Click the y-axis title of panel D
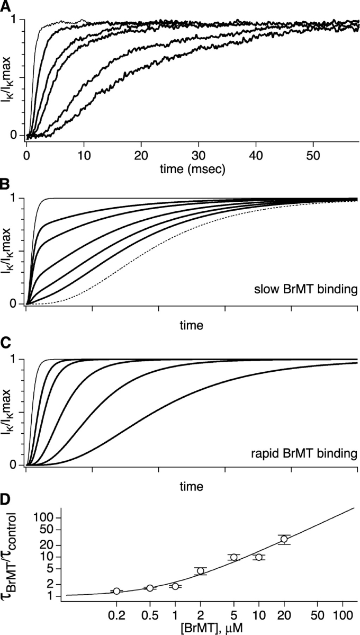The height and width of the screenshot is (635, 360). pos(16,556)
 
